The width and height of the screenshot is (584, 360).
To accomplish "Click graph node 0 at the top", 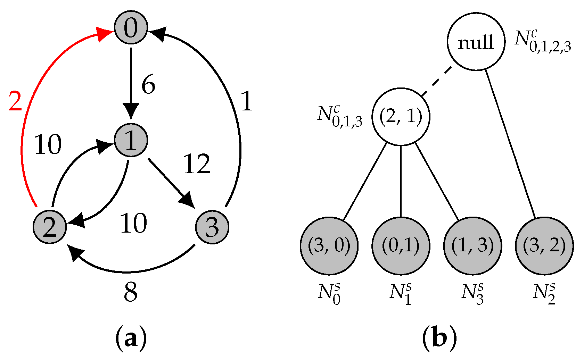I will click(131, 28).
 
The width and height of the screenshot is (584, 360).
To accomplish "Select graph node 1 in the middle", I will click(131, 140).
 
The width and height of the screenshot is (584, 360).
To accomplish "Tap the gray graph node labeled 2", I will click(50, 227).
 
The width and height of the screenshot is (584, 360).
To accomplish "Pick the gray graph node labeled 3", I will click(212, 227).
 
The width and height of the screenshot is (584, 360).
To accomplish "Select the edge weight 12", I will click(197, 164).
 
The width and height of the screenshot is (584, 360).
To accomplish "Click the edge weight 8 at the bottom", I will click(131, 292).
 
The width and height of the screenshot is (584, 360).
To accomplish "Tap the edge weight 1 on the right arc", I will click(246, 102).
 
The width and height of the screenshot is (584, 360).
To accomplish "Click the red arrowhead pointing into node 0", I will click(104, 34).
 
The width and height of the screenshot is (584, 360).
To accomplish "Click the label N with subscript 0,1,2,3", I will click(543, 41).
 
